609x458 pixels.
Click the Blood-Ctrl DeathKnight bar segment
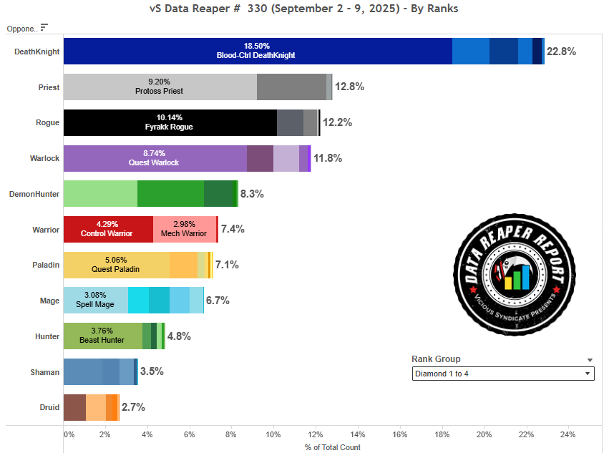click(x=258, y=51)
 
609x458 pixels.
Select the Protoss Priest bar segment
click(x=160, y=87)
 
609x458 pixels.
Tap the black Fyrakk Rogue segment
click(x=170, y=122)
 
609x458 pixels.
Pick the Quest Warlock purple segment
click(x=155, y=158)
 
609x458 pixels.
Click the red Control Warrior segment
click(x=108, y=229)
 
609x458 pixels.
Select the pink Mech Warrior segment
click(x=184, y=229)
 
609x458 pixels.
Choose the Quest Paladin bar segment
click(x=116, y=265)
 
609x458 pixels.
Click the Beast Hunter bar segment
click(x=102, y=336)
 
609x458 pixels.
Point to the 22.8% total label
click(x=560, y=52)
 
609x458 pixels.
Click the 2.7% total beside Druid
click(x=133, y=407)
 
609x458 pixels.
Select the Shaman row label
click(x=44, y=372)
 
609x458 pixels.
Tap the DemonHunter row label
click(x=34, y=194)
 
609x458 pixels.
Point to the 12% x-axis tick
click(x=315, y=434)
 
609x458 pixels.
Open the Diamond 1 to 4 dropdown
click(x=503, y=374)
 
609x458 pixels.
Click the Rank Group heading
click(x=436, y=359)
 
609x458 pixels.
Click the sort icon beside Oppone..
click(x=44, y=27)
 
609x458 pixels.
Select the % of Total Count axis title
click(x=332, y=447)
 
